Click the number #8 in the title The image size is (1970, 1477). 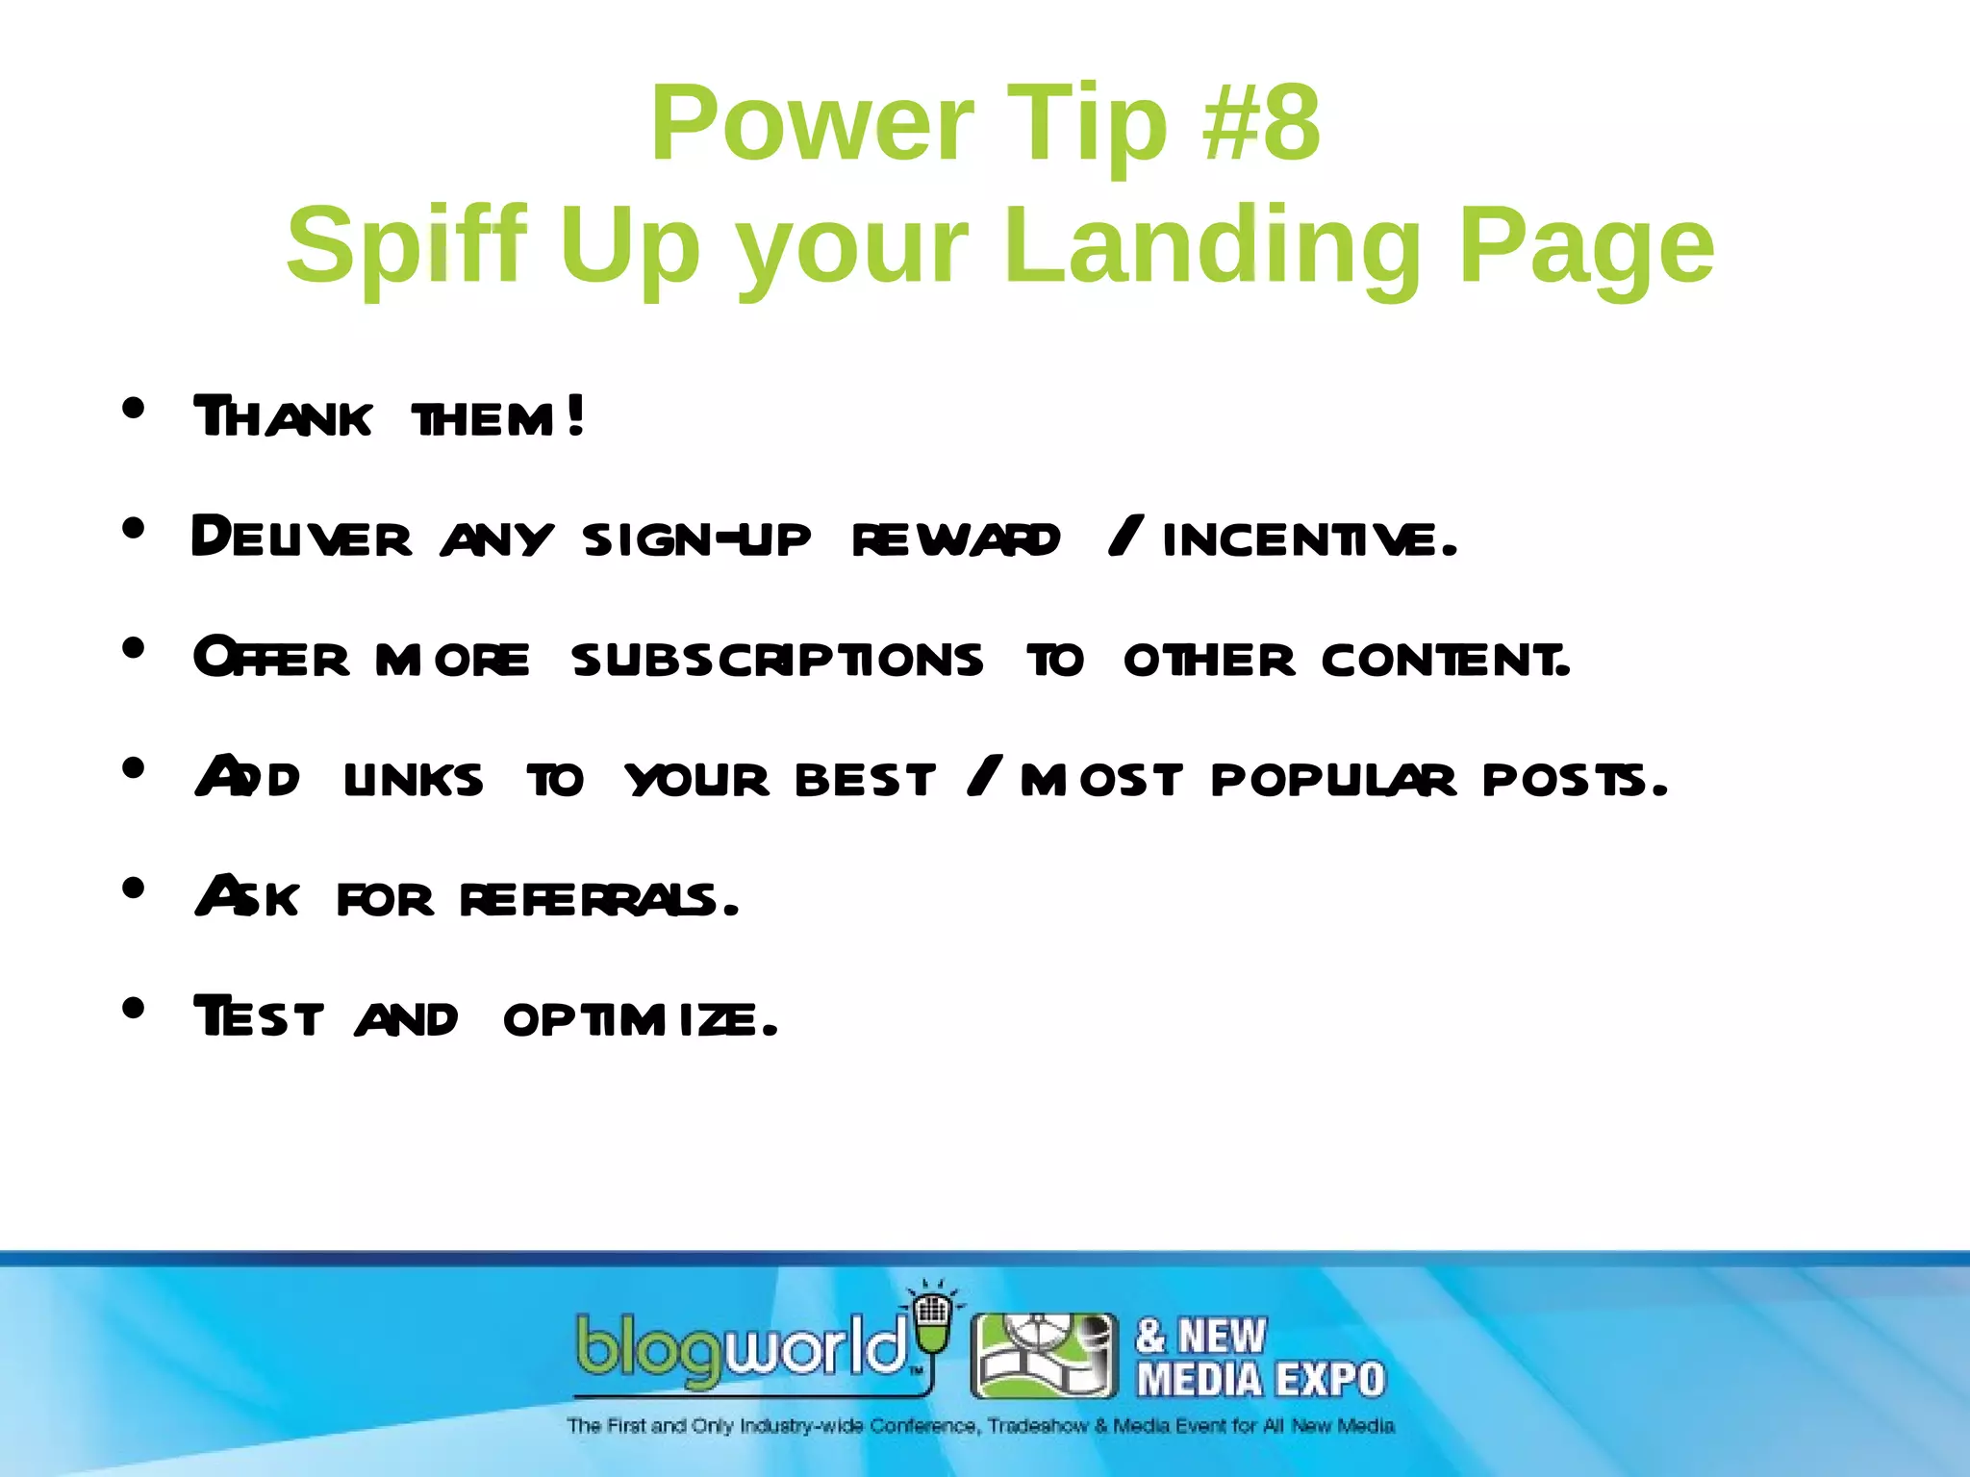[x=1261, y=124]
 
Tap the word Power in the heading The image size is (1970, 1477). [x=812, y=124]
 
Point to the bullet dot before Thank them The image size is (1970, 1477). [x=134, y=409]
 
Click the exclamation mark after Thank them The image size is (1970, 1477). [x=575, y=416]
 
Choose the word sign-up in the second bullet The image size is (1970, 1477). [x=696, y=538]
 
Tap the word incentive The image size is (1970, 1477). [x=1310, y=538]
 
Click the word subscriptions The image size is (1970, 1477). [x=777, y=660]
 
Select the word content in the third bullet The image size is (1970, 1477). [x=1446, y=660]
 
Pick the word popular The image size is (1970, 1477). [x=1333, y=779]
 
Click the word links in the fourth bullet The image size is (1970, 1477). [x=414, y=779]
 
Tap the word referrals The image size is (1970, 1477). [x=598, y=899]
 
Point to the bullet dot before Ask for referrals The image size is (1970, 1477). [x=134, y=888]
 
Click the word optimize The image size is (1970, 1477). [x=640, y=1019]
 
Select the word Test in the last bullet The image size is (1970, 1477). [x=259, y=1017]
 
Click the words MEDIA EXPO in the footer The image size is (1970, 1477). [x=1261, y=1380]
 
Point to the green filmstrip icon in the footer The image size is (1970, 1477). [x=1045, y=1356]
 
